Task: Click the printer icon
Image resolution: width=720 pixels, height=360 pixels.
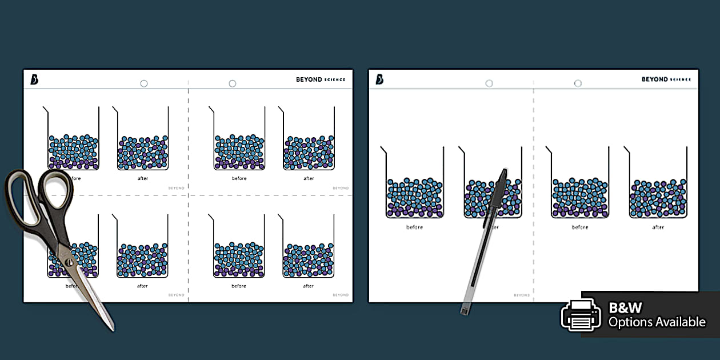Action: click(x=581, y=314)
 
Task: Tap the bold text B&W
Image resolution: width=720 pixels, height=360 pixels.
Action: click(x=625, y=308)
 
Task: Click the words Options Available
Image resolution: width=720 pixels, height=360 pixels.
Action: click(x=657, y=322)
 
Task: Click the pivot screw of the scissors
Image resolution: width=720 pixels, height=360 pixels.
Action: click(x=69, y=262)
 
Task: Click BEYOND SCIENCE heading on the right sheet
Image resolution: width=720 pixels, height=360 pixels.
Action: click(x=666, y=79)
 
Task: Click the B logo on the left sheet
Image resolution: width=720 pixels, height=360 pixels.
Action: click(x=34, y=79)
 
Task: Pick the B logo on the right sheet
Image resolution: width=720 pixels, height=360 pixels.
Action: click(x=379, y=79)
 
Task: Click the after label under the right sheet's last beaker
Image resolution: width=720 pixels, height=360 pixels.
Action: click(x=658, y=227)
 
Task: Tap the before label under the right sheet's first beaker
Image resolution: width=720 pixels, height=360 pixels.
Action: click(x=414, y=227)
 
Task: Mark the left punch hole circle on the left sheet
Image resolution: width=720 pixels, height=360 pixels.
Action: click(x=144, y=83)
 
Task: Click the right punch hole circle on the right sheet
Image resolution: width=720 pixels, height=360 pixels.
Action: click(x=578, y=83)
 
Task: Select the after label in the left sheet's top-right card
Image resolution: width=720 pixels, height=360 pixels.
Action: click(x=309, y=178)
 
